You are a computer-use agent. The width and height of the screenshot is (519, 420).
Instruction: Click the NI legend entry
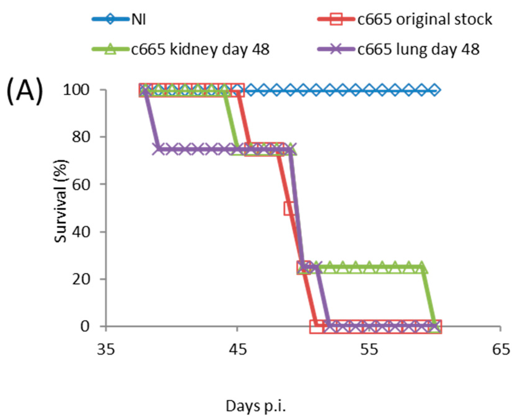point(138,19)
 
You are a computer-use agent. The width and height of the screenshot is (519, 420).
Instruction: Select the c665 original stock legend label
point(424,19)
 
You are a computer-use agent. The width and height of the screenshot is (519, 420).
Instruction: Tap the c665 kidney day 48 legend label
point(200,49)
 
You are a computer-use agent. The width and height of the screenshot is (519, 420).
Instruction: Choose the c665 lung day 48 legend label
point(418,49)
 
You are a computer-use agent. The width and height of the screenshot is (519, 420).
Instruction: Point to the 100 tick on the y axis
point(76,90)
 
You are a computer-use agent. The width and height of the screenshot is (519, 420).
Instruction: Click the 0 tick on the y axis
point(85,326)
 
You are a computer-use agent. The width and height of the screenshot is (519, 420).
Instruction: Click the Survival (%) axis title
point(60,201)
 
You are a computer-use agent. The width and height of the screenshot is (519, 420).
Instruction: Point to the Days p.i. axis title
point(256,406)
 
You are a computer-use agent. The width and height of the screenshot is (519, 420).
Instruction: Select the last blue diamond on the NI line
point(434,90)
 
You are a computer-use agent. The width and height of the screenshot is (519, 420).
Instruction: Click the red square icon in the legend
point(336,19)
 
